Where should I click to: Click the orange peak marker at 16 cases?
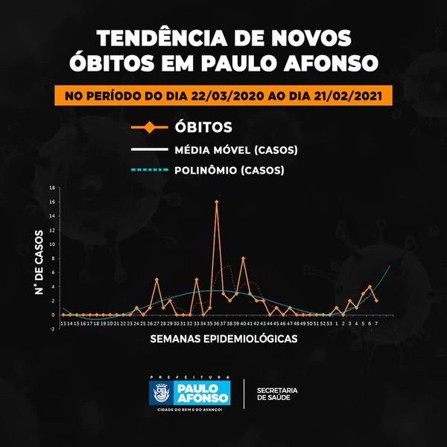tap(217, 202)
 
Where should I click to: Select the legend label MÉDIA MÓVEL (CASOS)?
tap(236, 150)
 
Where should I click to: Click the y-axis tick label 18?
tap(52, 188)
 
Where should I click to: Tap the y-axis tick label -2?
tap(52, 329)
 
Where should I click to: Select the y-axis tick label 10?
tap(52, 244)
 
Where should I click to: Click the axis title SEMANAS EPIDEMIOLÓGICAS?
tap(223, 339)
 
